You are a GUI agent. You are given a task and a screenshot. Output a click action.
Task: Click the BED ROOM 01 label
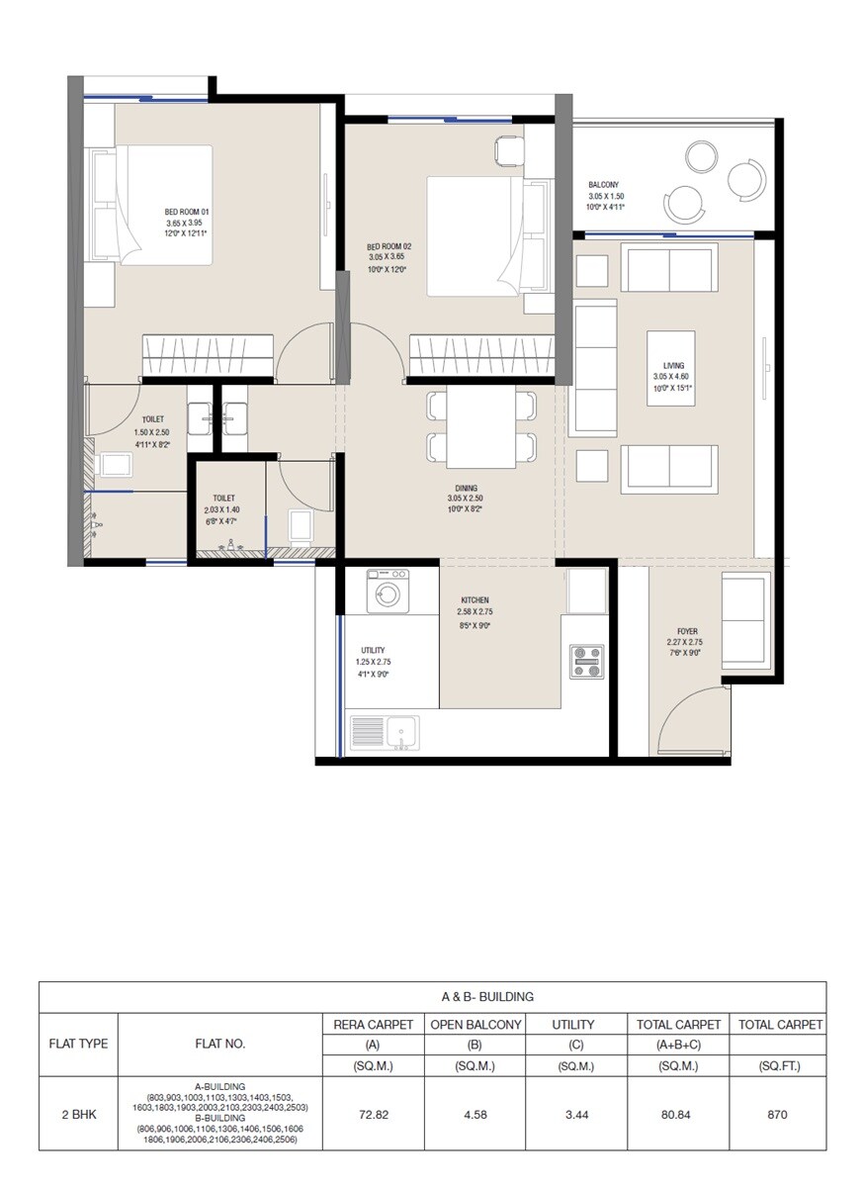point(187,212)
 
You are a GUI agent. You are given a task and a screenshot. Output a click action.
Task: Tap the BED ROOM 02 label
point(388,246)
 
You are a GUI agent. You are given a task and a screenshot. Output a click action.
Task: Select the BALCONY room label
point(605,185)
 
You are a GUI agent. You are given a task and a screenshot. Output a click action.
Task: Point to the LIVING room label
point(672,365)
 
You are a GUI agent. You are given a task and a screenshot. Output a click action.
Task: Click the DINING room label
point(467,488)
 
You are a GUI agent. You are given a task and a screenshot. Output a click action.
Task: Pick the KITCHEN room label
point(475,600)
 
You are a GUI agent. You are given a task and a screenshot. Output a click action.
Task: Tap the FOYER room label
point(687,629)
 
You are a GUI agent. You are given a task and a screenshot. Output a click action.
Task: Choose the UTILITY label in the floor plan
point(373,650)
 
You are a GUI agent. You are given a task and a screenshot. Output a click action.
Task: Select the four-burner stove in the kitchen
point(586,662)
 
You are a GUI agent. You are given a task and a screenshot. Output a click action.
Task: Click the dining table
point(481,425)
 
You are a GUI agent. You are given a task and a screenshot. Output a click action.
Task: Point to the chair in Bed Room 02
point(507,149)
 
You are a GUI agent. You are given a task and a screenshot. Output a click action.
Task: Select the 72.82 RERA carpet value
point(373,1114)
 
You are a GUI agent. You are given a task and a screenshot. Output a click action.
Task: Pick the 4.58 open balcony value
point(475,1114)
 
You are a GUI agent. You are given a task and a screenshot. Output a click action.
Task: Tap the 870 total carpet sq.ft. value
point(777,1114)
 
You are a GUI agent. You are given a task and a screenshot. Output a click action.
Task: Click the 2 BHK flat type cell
point(78,1114)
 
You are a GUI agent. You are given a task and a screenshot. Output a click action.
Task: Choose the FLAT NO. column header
point(220,1044)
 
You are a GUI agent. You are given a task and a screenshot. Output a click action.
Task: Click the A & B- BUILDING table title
point(432,997)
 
